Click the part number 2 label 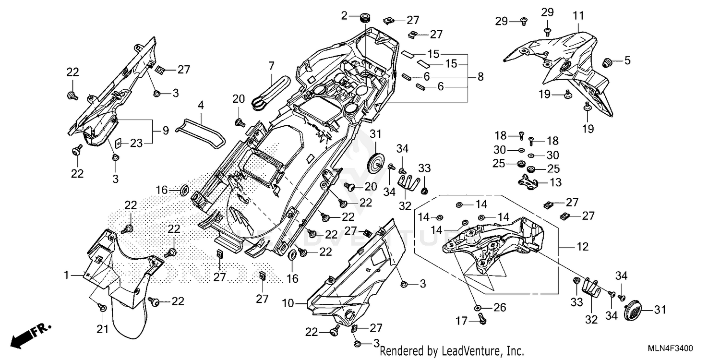point(344,16)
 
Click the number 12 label point(582,248)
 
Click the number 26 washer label point(499,307)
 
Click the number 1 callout point(67,275)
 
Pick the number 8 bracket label point(480,77)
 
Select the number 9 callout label point(165,130)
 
